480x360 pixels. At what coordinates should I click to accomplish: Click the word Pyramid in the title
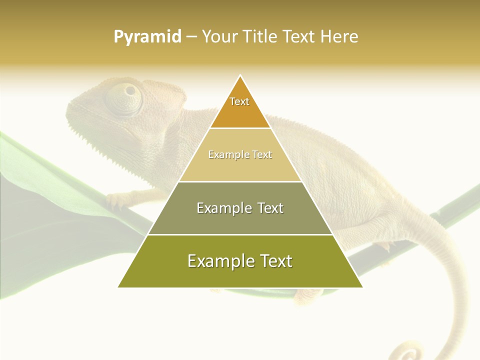(x=147, y=37)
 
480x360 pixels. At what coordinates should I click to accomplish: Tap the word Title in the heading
(x=259, y=36)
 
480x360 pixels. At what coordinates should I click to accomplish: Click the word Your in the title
(x=219, y=36)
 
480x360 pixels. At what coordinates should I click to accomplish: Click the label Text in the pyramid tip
(x=239, y=101)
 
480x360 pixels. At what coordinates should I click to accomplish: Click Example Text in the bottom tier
(x=240, y=261)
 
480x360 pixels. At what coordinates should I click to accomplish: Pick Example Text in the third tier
(x=240, y=208)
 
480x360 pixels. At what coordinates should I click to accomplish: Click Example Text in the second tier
(x=240, y=154)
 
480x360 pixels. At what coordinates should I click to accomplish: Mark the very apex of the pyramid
(x=240, y=76)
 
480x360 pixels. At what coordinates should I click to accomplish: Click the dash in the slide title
(x=191, y=37)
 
